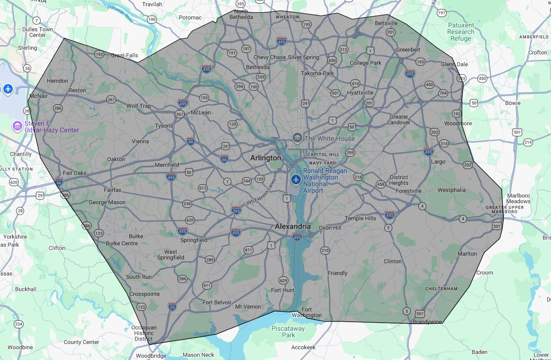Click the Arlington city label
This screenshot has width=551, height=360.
click(x=265, y=158)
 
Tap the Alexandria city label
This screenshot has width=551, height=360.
click(x=293, y=227)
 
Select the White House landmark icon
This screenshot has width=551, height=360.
click(x=297, y=138)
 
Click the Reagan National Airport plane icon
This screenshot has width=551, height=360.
click(x=296, y=180)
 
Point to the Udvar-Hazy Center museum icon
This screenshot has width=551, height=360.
click(x=17, y=126)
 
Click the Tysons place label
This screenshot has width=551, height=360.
click(x=164, y=126)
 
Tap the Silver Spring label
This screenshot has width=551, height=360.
click(x=304, y=58)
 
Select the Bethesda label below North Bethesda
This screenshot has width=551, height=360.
click(x=257, y=68)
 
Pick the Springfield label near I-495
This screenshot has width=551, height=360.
click(x=194, y=240)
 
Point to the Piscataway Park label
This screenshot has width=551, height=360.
click(x=288, y=332)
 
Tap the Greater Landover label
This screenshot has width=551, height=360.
click(x=399, y=120)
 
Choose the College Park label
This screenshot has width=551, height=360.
click(x=365, y=63)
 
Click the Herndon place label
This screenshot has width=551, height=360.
click(x=57, y=81)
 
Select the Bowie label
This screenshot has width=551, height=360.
click(x=513, y=103)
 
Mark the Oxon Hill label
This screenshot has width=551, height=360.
click(x=330, y=228)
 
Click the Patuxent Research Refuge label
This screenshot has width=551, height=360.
click(x=461, y=32)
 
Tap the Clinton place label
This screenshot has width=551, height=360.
click(x=392, y=261)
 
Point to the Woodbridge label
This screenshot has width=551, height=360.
click(x=151, y=356)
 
